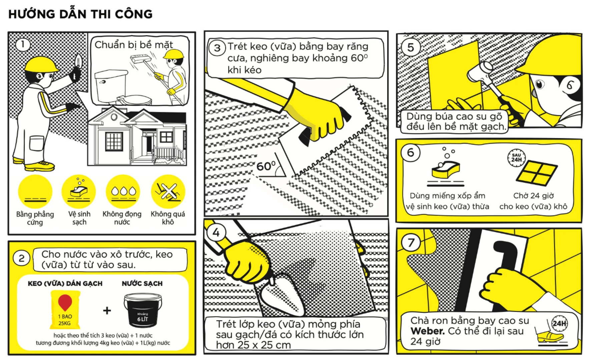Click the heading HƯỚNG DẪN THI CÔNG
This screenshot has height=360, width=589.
point(80,14)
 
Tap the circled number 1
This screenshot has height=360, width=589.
point(23,44)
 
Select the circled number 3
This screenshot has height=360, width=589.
point(217,48)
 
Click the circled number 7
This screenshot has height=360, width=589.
point(411,242)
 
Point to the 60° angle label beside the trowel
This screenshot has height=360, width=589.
point(266,166)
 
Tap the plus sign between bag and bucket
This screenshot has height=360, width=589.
point(107,311)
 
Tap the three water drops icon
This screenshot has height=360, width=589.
point(123,191)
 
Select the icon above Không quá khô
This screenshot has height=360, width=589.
point(168,191)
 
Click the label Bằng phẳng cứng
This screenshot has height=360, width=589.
point(35,218)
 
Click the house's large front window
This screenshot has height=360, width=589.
point(114,141)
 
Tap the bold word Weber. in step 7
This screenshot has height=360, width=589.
point(427,331)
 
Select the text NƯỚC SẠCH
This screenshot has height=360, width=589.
point(142,284)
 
